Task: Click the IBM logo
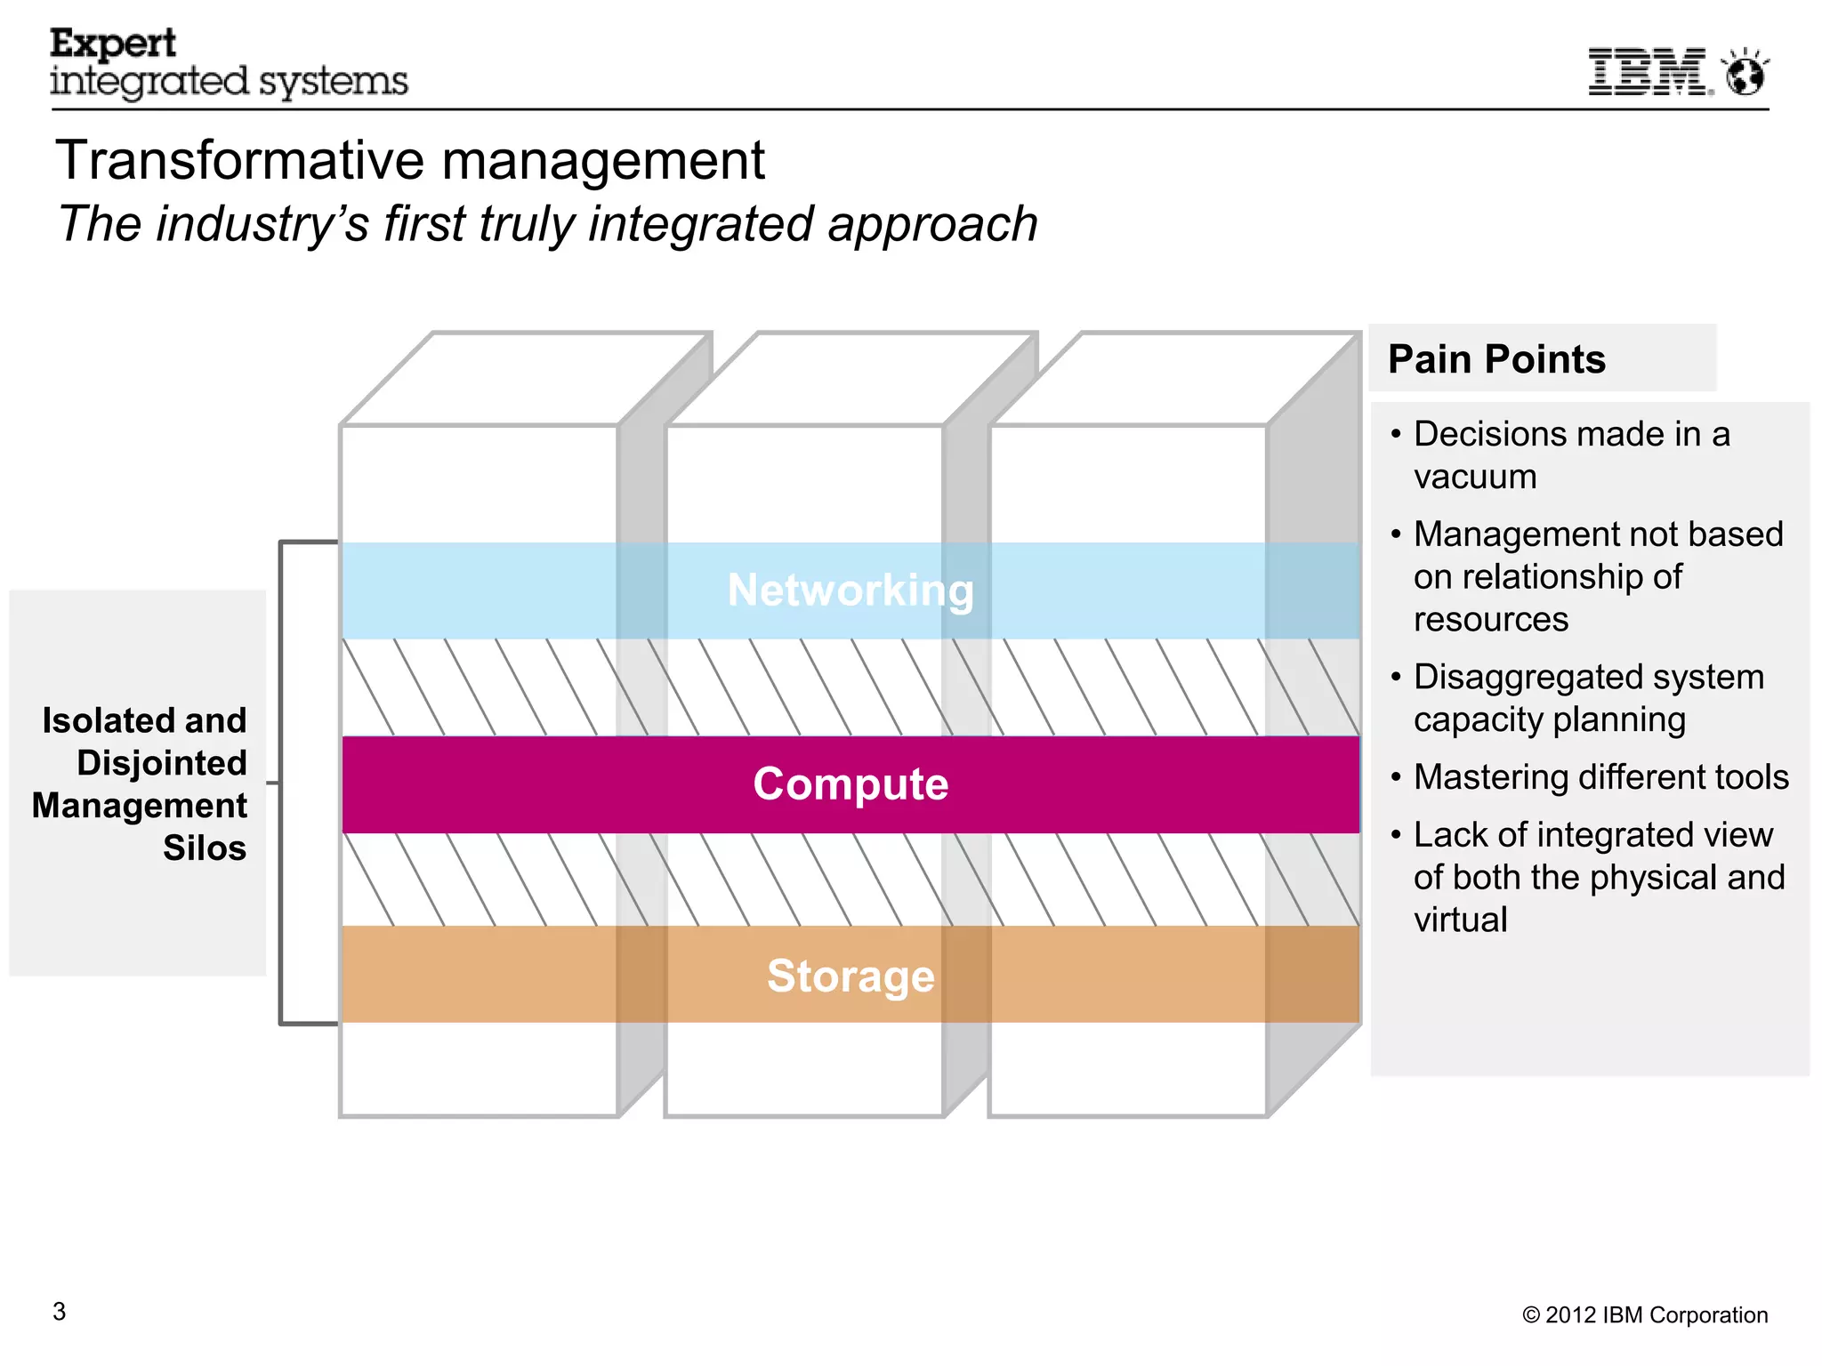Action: click(x=1649, y=72)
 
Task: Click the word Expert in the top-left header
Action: click(x=113, y=44)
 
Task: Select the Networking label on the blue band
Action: click(x=851, y=591)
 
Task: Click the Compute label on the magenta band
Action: click(x=851, y=784)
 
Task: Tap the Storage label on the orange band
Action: click(x=851, y=976)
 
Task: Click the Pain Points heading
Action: click(x=1496, y=359)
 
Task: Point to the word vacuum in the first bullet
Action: click(x=1475, y=478)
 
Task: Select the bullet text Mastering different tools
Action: click(x=1600, y=777)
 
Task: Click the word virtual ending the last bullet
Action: click(x=1460, y=920)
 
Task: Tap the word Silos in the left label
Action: click(x=204, y=848)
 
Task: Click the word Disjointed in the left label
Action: click(x=161, y=763)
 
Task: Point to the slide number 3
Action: click(x=60, y=1312)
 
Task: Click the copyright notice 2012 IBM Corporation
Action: click(x=1645, y=1315)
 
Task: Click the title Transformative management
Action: click(x=409, y=161)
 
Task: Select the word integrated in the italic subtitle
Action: click(x=700, y=224)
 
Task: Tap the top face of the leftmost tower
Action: click(x=525, y=379)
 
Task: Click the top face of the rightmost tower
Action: click(x=1174, y=379)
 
